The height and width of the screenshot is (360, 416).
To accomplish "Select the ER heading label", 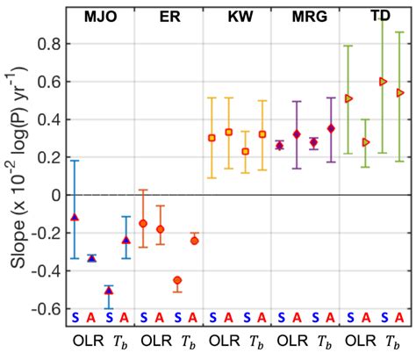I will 168,17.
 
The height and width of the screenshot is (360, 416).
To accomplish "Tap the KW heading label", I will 236,17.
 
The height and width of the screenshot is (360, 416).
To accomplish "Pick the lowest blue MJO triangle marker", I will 109,290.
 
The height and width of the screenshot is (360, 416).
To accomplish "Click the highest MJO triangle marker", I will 75,216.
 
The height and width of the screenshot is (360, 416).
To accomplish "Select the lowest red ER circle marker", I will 177,280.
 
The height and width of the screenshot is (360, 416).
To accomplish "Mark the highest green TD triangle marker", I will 383,81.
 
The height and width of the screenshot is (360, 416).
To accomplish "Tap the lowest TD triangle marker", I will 366,141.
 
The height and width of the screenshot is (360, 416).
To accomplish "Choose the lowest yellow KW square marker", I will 246,151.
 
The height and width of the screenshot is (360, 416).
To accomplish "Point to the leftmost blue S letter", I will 75,317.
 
